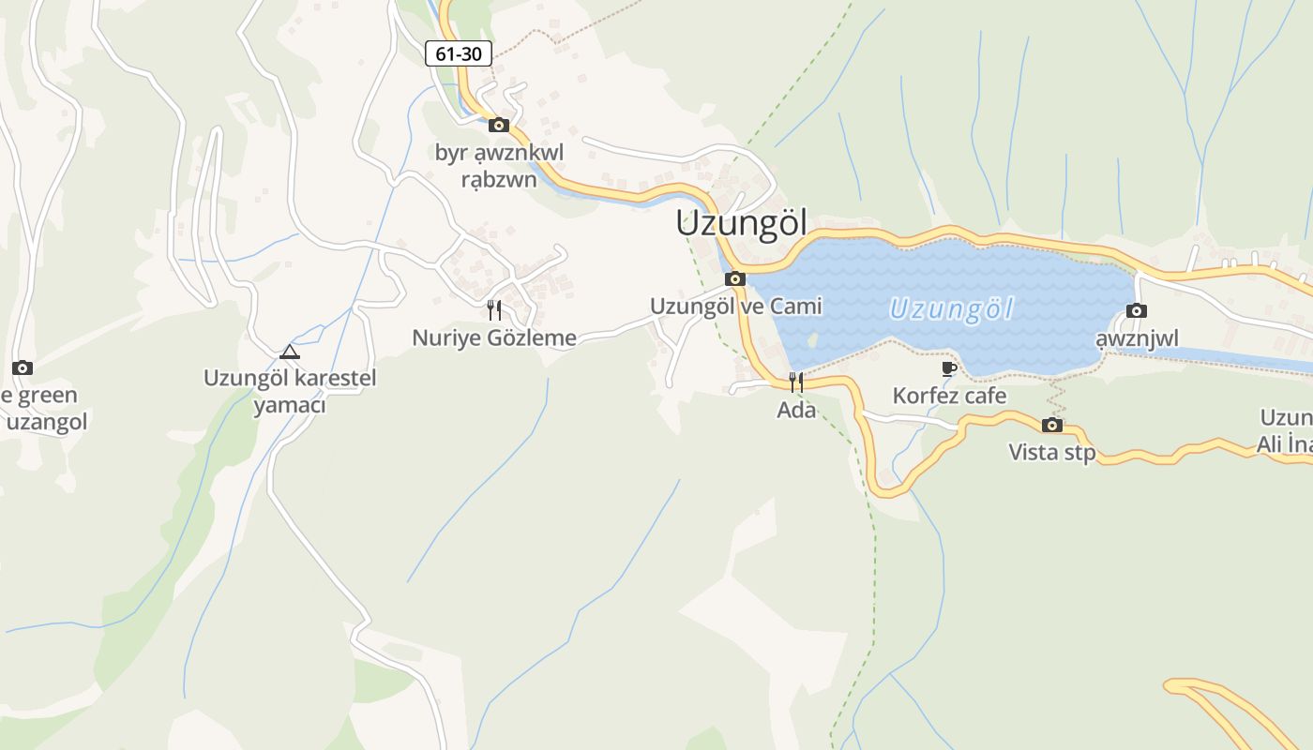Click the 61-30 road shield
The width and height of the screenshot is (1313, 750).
point(459,53)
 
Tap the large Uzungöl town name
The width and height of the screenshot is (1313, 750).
point(741,224)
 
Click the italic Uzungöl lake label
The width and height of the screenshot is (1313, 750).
point(951,308)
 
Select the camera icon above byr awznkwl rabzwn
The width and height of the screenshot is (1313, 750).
point(499,125)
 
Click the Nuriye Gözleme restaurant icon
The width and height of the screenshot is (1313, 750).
point(494,309)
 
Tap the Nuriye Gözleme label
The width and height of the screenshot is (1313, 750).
point(494,337)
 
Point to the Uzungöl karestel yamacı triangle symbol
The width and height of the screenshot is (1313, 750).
point(290,352)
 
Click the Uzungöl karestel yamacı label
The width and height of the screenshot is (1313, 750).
point(290,391)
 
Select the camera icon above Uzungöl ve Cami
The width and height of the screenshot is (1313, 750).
point(735,278)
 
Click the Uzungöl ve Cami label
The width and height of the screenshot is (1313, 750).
point(735,306)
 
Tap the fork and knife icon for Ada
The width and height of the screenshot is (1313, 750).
point(796,382)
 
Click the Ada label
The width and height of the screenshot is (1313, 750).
point(796,410)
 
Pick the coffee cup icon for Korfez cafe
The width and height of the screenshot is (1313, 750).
point(949,368)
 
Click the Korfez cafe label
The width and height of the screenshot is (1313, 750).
point(949,396)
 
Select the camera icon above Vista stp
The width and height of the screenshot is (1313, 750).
point(1052,425)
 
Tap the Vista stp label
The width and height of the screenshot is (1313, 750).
point(1051,452)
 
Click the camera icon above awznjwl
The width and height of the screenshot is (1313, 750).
point(1137,310)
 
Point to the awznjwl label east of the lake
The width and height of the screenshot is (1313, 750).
point(1137,337)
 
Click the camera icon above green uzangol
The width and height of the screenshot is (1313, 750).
point(23,367)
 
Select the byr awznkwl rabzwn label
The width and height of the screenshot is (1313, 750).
point(499,164)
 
